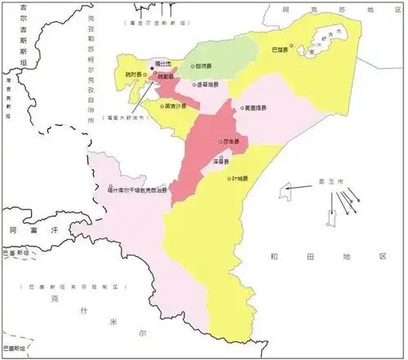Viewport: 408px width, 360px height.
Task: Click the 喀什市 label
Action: (x=162, y=63)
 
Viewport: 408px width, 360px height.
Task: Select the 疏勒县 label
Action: (x=166, y=76)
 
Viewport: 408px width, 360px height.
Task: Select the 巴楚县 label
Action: (x=280, y=50)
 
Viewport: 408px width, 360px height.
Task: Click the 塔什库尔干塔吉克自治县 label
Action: (x=136, y=190)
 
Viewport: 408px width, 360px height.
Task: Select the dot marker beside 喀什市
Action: (x=151, y=69)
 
